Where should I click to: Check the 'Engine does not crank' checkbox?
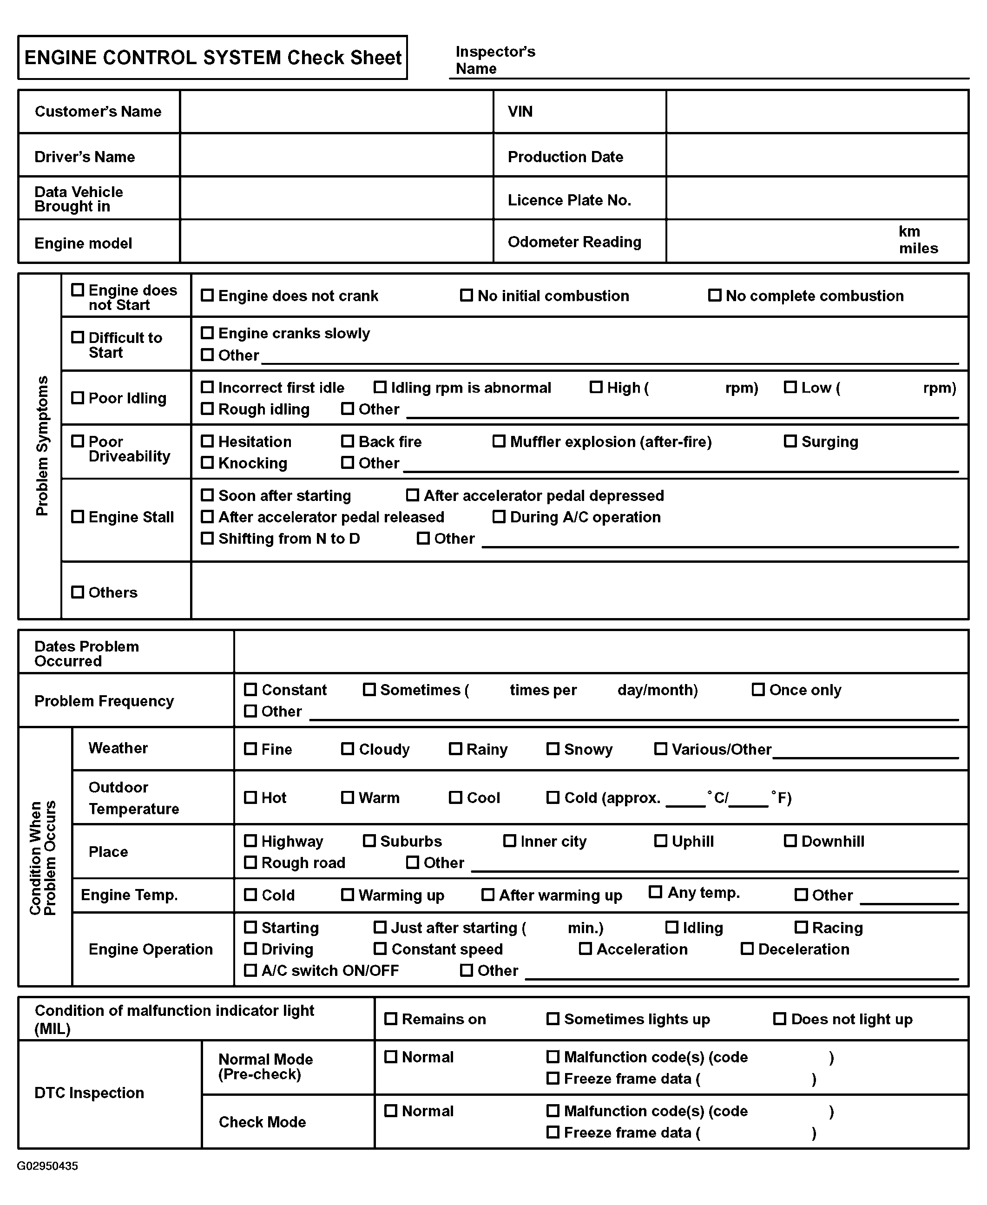(208, 295)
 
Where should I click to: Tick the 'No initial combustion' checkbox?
(466, 295)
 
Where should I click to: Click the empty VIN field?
(817, 112)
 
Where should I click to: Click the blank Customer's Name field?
(336, 112)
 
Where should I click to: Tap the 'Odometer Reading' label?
(574, 242)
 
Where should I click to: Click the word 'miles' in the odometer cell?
(918, 249)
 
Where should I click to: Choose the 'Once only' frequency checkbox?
(758, 689)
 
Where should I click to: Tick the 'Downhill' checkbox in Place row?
(790, 841)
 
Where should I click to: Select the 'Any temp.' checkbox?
(656, 892)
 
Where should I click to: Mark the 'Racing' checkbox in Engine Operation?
(801, 927)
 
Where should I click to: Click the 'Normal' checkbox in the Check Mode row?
(391, 1111)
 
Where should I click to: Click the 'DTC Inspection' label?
(89, 1093)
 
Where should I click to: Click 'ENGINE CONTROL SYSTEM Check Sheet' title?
(213, 58)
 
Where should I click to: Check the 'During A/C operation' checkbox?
(499, 516)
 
